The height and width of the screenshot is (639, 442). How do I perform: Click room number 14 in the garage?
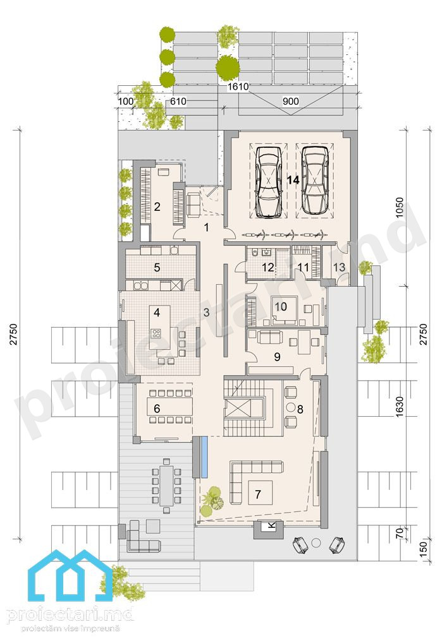[x=293, y=179]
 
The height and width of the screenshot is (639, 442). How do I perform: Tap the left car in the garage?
[x=268, y=181]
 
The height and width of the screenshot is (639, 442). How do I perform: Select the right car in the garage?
[x=315, y=180]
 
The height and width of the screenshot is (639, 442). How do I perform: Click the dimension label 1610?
[x=238, y=87]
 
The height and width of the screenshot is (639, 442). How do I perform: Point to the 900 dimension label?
[x=291, y=101]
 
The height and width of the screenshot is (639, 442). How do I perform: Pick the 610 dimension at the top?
[x=178, y=101]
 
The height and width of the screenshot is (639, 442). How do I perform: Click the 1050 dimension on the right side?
[x=400, y=208]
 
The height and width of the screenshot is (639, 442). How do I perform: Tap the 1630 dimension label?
[x=400, y=406]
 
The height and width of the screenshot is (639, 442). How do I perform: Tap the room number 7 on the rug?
[x=257, y=494]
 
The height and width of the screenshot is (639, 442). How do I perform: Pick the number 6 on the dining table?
[x=157, y=408]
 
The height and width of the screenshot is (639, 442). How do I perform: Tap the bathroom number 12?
[x=267, y=267]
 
